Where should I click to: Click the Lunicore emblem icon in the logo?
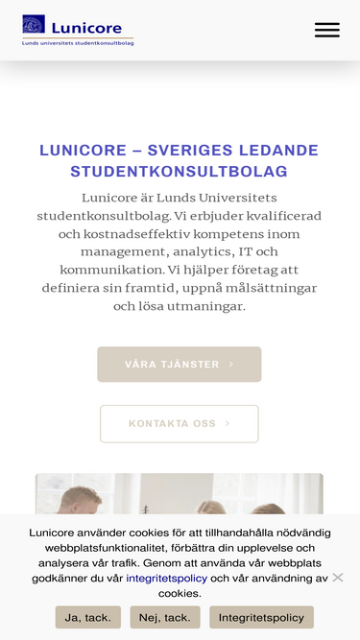34,24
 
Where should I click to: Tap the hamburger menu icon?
326,30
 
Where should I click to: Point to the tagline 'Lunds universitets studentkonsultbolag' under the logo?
78,43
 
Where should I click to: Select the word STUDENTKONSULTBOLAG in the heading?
180,172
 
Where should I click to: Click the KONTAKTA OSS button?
179,423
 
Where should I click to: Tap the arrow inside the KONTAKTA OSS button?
228,423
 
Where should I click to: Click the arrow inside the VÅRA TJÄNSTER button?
231,365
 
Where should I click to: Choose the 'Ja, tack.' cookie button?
87,617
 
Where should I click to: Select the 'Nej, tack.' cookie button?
165,617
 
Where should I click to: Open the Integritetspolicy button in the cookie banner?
261,617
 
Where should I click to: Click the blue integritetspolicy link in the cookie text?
166,578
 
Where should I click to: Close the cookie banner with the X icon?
338,578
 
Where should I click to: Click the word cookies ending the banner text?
180,593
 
